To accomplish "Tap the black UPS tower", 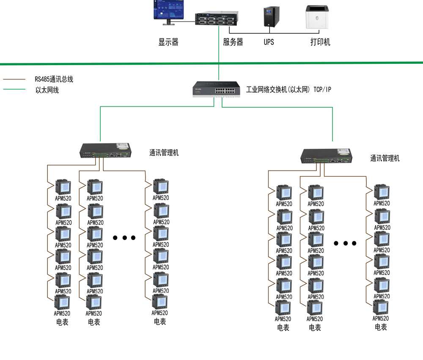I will (271, 18).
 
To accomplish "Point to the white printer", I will (317, 17).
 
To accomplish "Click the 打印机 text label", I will (320, 42).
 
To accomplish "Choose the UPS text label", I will (269, 42).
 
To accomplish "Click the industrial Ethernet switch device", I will (216, 89).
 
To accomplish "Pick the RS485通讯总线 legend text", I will (54, 79).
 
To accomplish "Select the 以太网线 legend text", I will (47, 90).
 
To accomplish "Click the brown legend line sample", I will (14, 79).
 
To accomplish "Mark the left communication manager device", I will (106, 151).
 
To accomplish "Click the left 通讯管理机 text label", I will (164, 153).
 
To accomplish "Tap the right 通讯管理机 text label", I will (385, 158).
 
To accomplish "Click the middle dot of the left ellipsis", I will (124, 237).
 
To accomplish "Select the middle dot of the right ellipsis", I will (345, 243).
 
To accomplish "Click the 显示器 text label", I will (168, 42).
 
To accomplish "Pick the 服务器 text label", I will (233, 42).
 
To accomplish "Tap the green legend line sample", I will (14, 90).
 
